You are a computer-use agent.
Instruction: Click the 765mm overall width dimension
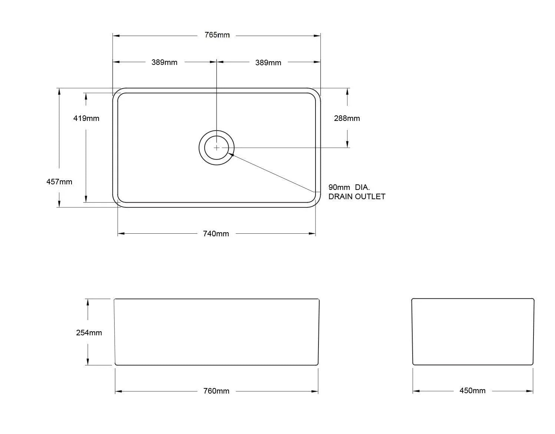tap(217, 35)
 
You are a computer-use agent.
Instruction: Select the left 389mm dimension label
tap(164, 62)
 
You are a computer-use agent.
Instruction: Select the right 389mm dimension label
tap(268, 63)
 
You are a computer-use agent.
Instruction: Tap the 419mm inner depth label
tap(86, 118)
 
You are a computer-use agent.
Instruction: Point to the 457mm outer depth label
tap(59, 182)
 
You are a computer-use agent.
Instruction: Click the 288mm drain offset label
tap(347, 118)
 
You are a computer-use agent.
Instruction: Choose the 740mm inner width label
tap(216, 234)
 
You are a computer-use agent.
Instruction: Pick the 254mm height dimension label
tap(89, 333)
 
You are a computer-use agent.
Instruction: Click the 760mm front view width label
tap(216, 391)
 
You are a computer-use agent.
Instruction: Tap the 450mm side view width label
tap(472, 391)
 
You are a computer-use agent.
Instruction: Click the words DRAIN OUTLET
tap(357, 197)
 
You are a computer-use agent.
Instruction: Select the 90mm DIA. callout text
tap(349, 187)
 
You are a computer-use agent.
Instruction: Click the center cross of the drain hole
tap(217, 148)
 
